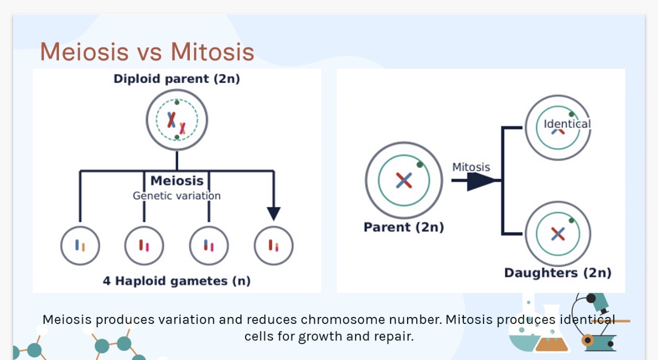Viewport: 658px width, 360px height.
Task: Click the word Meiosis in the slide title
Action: [84, 52]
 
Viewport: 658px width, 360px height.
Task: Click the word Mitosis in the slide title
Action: [212, 52]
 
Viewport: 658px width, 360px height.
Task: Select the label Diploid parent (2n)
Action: [177, 79]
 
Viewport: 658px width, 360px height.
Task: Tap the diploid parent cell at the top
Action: [177, 119]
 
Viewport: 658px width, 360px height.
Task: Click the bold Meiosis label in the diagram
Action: [177, 181]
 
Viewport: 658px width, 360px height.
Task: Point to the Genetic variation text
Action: [177, 196]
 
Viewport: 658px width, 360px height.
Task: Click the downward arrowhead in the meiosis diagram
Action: [274, 213]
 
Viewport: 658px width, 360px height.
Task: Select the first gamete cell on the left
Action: [80, 245]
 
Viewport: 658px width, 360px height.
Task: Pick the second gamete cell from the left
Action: [144, 245]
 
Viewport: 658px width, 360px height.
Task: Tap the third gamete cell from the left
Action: [209, 245]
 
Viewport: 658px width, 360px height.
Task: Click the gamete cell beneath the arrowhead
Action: [273, 245]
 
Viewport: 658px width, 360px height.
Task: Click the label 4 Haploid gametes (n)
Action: [177, 281]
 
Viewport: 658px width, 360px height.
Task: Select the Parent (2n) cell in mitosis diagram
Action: [404, 181]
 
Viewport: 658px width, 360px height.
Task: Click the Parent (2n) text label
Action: [404, 227]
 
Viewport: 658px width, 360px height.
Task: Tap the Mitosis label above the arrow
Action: [471, 167]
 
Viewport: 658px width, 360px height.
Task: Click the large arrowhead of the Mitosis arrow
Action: [483, 181]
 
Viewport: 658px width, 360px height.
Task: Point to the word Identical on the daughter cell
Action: [567, 124]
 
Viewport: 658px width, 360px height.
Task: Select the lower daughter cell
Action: [558, 234]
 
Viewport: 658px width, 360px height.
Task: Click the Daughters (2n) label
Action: [558, 273]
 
